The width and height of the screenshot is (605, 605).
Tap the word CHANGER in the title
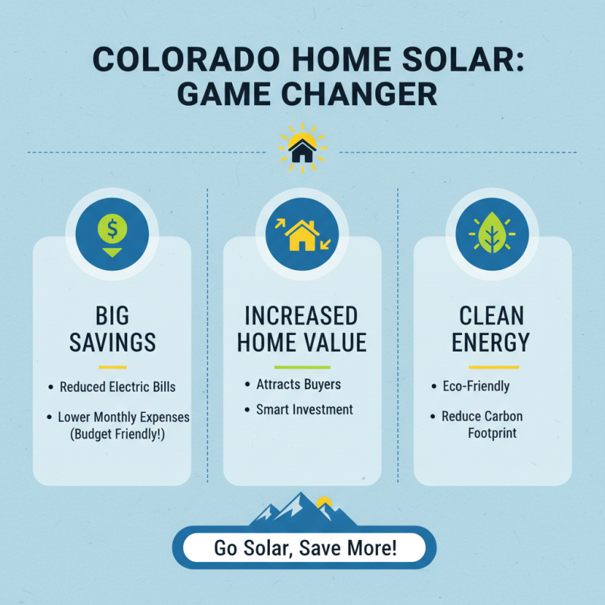(367, 96)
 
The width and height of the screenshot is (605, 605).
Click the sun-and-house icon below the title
(302, 148)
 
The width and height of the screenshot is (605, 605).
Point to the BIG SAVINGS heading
(112, 329)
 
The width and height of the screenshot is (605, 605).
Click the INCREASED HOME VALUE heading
(302, 329)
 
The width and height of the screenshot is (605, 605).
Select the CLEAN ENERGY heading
(492, 329)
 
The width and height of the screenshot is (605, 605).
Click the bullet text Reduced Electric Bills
(117, 387)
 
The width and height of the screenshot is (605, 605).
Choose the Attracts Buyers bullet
(298, 384)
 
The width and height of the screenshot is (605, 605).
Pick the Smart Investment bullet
(304, 409)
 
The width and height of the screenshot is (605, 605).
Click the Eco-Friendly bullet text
(476, 386)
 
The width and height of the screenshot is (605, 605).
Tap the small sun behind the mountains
(324, 501)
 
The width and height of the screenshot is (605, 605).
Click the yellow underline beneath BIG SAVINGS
(112, 367)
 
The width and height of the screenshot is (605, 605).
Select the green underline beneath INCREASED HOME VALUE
(302, 366)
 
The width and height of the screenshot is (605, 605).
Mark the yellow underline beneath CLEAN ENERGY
(492, 367)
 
